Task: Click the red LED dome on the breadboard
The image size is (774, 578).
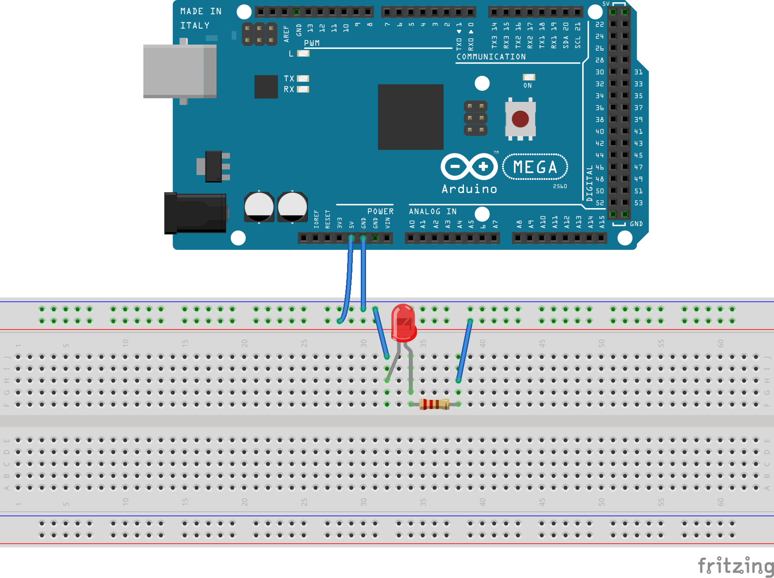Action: click(x=403, y=322)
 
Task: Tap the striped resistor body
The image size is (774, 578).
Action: click(x=434, y=404)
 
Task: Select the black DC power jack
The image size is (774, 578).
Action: click(x=195, y=213)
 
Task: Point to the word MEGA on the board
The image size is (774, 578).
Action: click(x=535, y=167)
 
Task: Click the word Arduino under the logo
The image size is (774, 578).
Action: click(x=469, y=189)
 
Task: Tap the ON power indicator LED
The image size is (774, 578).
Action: click(x=529, y=77)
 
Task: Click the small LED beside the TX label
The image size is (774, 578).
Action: click(x=303, y=78)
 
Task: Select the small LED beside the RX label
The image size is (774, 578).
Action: click(x=303, y=89)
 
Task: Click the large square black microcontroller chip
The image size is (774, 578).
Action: click(x=411, y=117)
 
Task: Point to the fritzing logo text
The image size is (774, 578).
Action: click(x=735, y=565)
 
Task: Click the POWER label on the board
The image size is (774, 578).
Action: click(x=380, y=212)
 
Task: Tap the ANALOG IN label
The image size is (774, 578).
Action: click(x=433, y=212)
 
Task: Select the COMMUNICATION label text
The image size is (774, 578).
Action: click(x=491, y=57)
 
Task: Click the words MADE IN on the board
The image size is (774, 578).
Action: click(x=201, y=11)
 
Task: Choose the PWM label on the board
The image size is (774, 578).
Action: click(x=312, y=43)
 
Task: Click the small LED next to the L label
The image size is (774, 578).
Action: click(x=303, y=53)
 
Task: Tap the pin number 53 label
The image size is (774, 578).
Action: click(x=638, y=203)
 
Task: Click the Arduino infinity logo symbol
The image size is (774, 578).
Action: click(x=469, y=167)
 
